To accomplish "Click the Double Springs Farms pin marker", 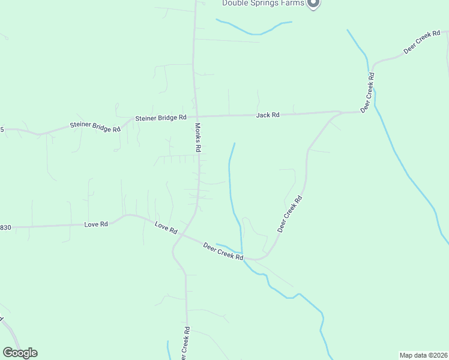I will (313, 4).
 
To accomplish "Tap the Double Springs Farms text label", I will (263, 3).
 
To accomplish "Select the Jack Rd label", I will (268, 115).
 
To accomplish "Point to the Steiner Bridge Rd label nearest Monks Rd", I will (161, 118).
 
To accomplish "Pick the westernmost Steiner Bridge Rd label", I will (95, 127).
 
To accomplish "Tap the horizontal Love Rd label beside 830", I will (96, 224).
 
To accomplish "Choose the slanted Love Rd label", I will (166, 228).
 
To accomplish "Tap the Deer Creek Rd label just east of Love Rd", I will (223, 251).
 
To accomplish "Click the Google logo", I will (20, 353).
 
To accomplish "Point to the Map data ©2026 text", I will (424, 355).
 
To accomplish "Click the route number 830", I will (5, 227).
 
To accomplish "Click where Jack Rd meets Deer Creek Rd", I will (342, 112).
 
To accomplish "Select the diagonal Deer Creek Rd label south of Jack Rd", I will (289, 213).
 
